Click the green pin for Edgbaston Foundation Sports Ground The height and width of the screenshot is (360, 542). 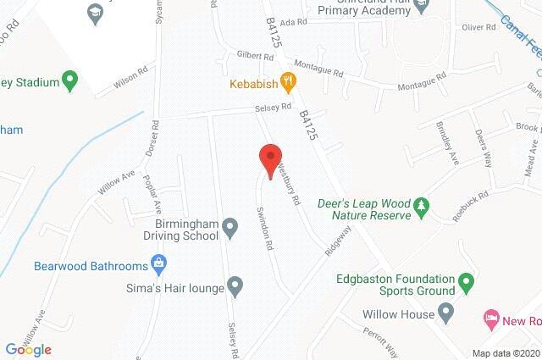465,280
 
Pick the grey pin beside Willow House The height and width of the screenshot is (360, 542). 447,313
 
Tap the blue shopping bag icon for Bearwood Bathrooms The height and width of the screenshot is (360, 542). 158,263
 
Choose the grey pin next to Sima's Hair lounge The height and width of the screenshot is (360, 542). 236,287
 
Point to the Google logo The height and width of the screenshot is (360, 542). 28,349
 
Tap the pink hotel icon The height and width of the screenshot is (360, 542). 490,318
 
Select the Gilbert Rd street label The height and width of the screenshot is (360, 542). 255,57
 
